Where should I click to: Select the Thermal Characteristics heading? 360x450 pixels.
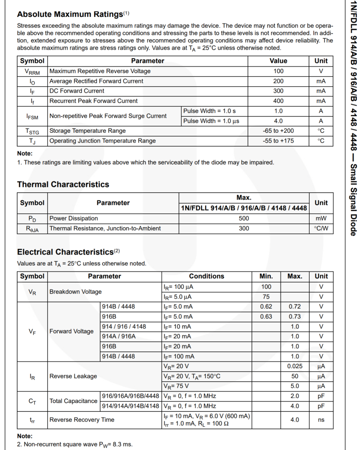point(63,184)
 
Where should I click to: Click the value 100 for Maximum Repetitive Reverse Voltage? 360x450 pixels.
point(279,71)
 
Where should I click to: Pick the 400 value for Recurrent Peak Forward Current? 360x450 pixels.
point(279,101)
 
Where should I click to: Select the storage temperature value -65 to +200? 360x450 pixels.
point(279,131)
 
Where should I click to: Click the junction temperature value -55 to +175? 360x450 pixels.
point(279,141)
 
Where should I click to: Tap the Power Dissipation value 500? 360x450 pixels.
point(244,219)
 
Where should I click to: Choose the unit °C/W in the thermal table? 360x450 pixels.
point(321,228)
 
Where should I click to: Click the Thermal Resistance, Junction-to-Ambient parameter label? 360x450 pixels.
point(105,228)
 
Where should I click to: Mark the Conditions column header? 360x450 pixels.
point(206,276)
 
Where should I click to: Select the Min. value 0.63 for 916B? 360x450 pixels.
point(266,316)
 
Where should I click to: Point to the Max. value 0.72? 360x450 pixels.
point(295,307)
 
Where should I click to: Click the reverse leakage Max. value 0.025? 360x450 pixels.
point(295,366)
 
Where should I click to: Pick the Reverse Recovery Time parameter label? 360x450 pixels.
point(82,420)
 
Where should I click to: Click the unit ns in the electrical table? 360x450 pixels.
point(321,420)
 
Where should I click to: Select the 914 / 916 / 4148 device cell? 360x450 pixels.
point(124,327)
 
